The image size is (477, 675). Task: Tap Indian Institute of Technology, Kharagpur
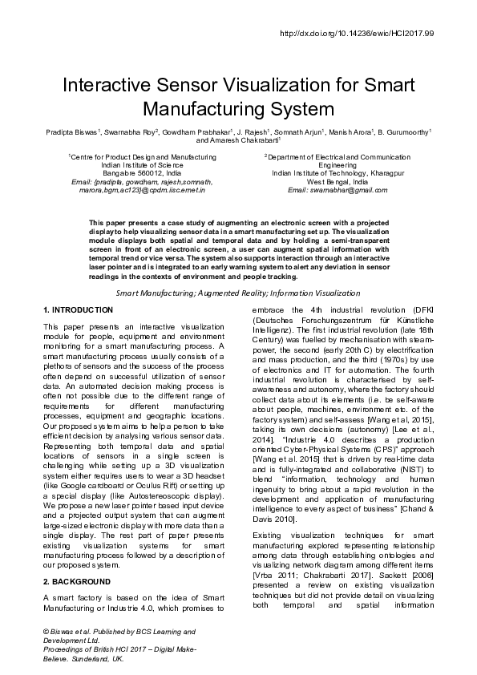[x=337, y=172]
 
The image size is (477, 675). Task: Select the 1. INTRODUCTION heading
[x=78, y=309]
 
